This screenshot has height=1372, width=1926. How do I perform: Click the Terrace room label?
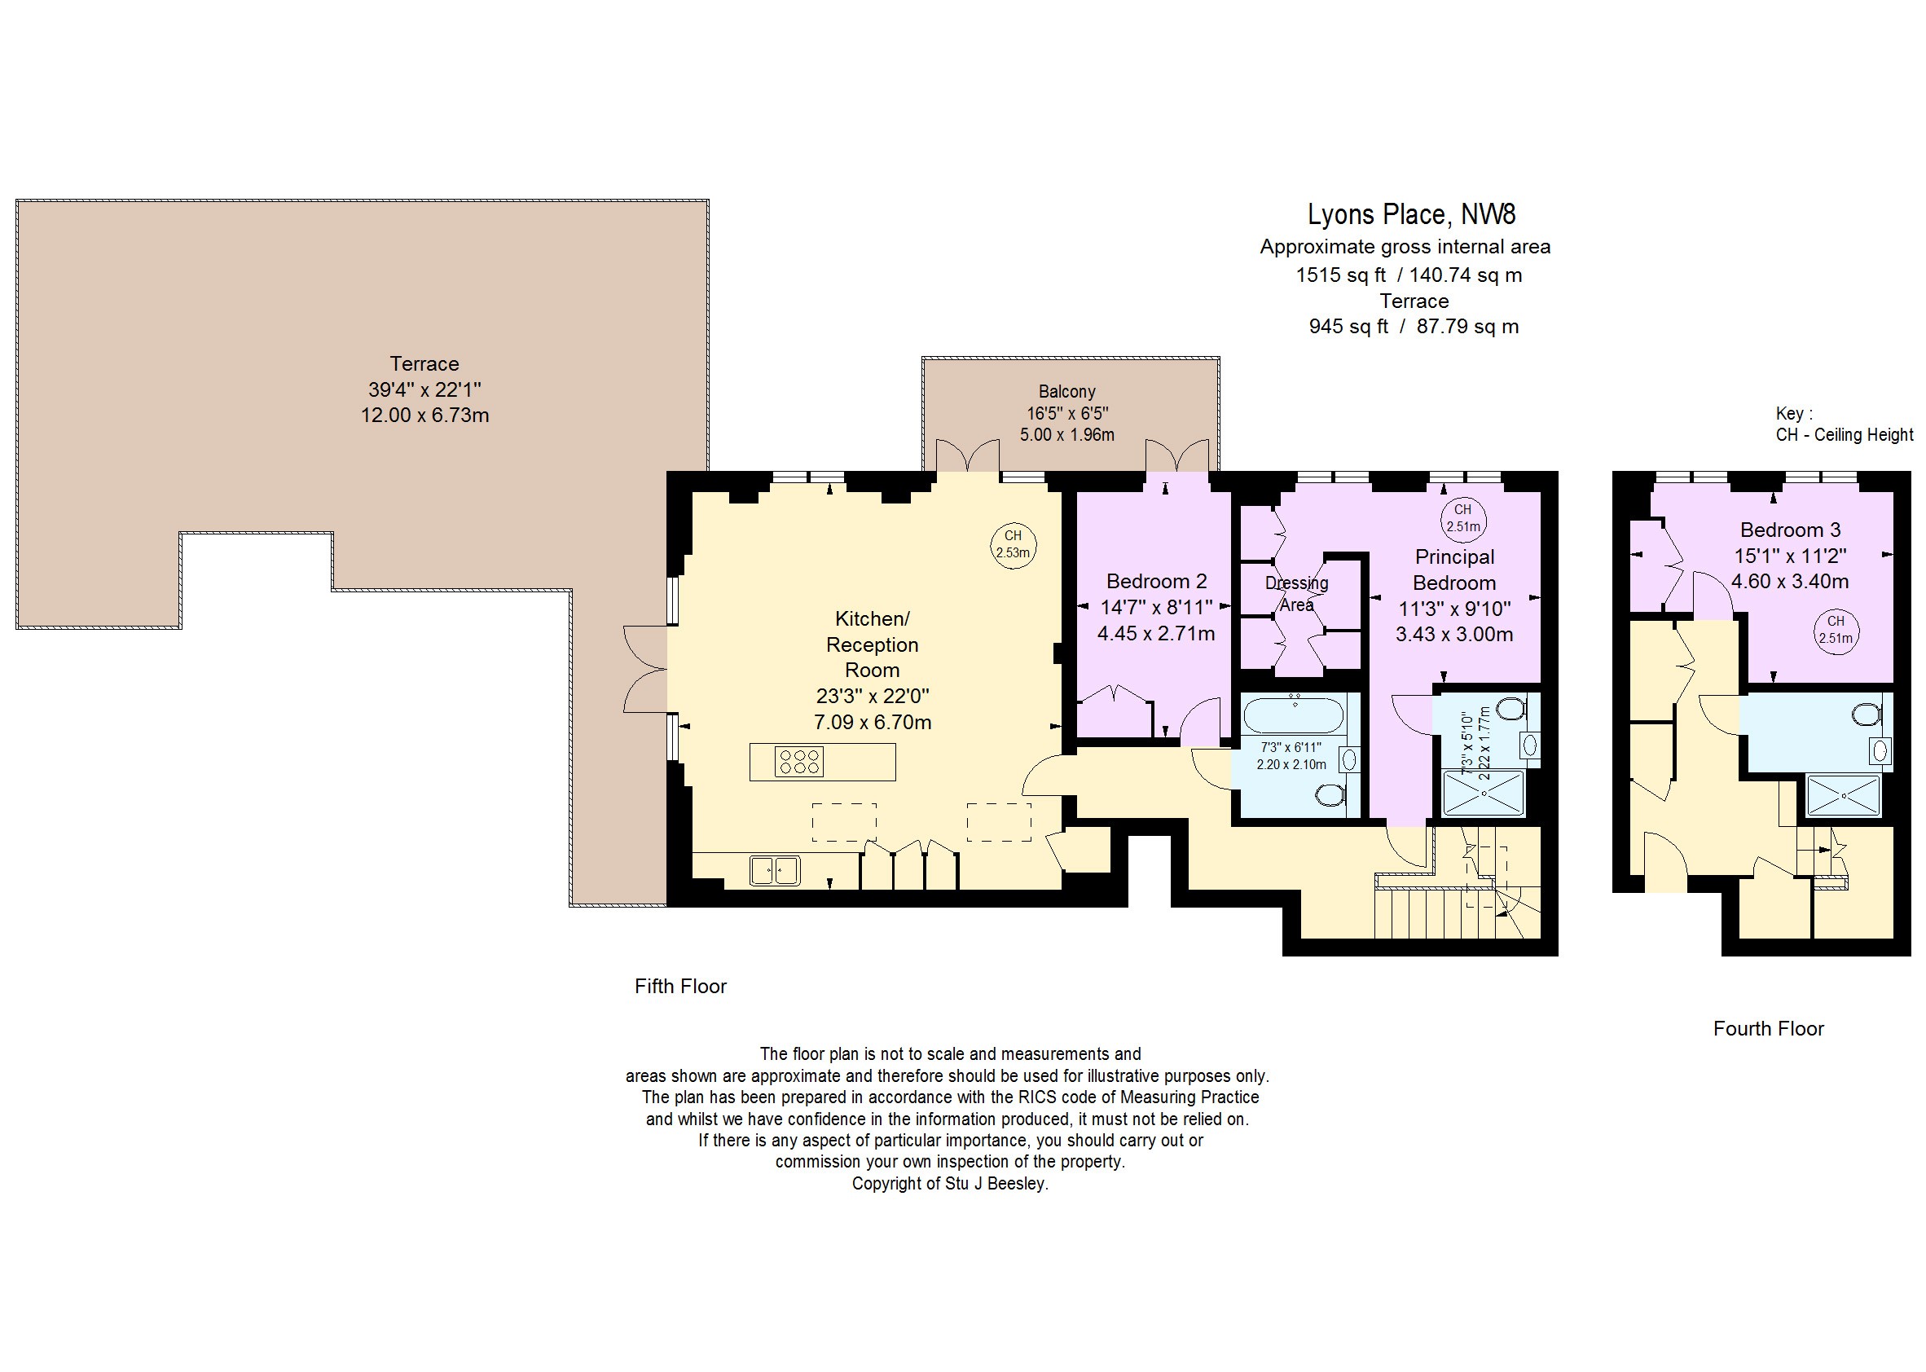tap(424, 364)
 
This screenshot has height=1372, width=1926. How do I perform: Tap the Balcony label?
tap(1067, 392)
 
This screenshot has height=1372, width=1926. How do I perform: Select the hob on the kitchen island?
tap(799, 762)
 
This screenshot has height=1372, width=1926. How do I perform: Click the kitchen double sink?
tap(775, 871)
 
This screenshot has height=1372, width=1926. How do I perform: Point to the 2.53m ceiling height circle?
tap(1013, 546)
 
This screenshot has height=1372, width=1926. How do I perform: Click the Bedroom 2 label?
tap(1156, 581)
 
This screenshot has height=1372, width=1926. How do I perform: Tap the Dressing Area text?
tap(1297, 594)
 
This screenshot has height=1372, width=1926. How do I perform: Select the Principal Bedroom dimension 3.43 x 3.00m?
tap(1454, 635)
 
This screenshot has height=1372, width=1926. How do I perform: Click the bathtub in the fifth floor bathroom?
tap(1293, 715)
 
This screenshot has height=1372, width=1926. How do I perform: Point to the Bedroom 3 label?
tap(1790, 530)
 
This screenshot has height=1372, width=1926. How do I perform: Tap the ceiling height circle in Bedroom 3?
tap(1836, 631)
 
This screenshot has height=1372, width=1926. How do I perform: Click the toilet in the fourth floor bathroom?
tap(1864, 715)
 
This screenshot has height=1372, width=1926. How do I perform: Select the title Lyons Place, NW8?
tap(1412, 214)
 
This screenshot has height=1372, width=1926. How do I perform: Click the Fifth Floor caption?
tap(681, 987)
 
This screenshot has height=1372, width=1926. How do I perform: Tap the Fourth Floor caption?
tap(1769, 1029)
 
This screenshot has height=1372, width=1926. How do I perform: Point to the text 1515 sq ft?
tap(1342, 275)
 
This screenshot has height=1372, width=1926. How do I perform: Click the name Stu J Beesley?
tap(996, 1184)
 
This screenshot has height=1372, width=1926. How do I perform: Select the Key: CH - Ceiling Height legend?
tap(1844, 424)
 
